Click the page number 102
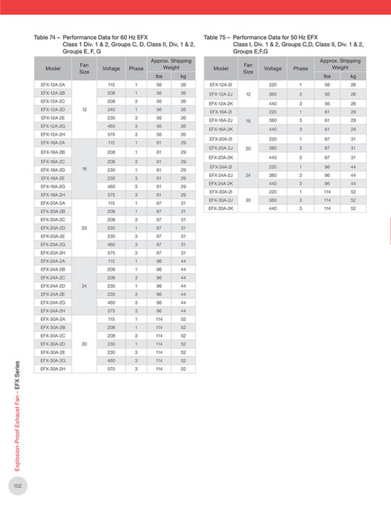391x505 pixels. coord(18,485)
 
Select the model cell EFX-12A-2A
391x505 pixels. coord(53,85)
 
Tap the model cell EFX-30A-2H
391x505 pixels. coord(53,368)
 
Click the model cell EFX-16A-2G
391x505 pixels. coord(53,186)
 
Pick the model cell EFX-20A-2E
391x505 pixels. coord(53,235)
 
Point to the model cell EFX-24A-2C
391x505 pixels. coord(53,277)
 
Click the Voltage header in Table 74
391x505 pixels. coord(111,67)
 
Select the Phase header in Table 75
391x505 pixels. coord(300,67)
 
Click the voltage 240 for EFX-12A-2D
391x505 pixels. coord(111,109)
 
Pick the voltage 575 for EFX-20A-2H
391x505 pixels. coord(111,252)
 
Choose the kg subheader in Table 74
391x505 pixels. coord(183,76)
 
